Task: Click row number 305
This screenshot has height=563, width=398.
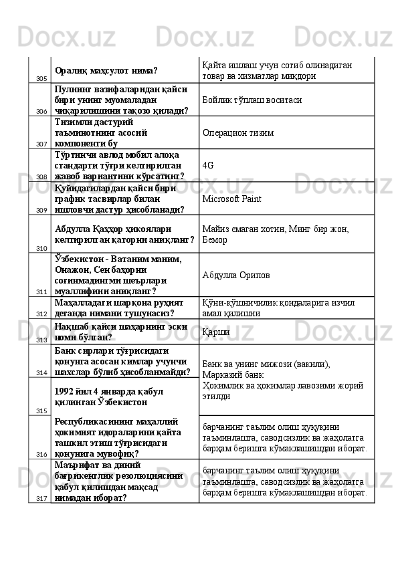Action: coord(41,79)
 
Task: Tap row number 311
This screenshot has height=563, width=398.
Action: coord(41,292)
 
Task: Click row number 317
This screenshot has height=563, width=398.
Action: coord(41,499)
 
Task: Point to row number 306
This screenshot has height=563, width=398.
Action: coord(41,112)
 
